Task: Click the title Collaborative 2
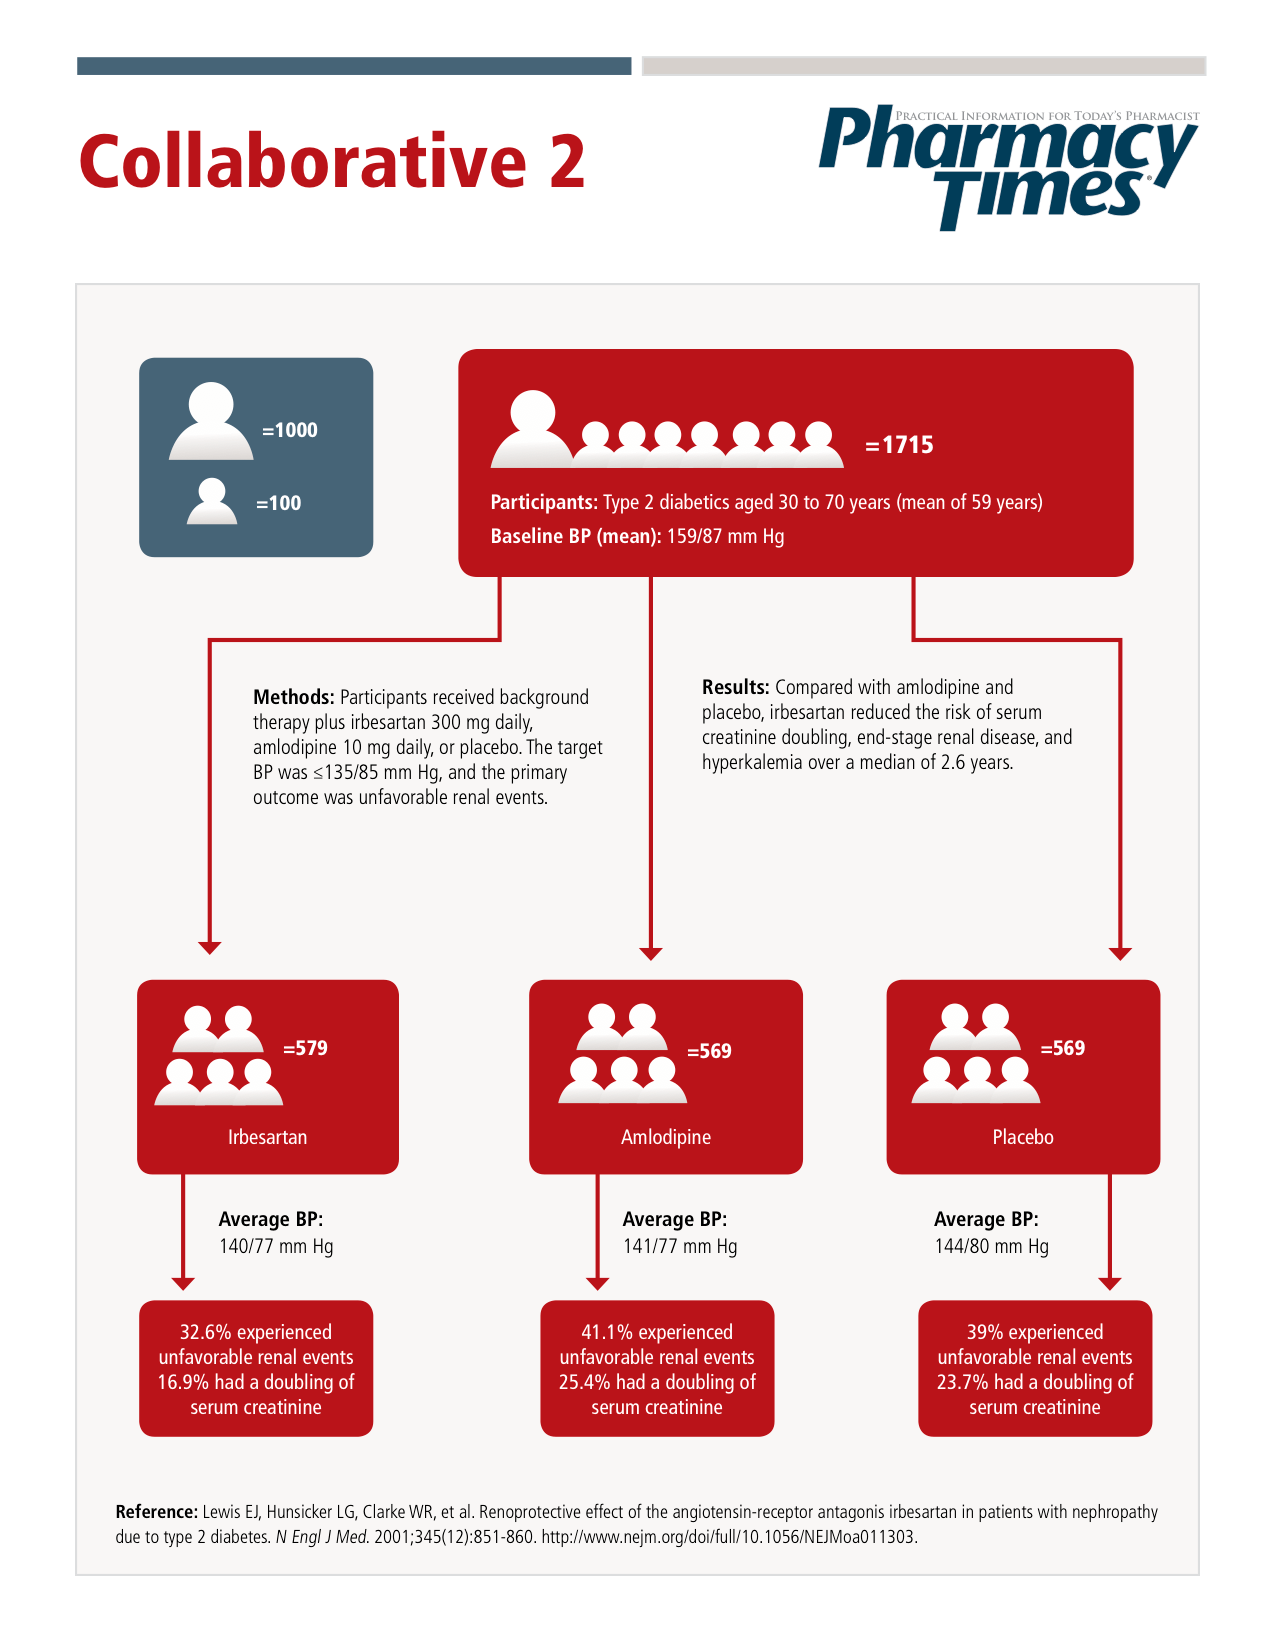click(x=331, y=162)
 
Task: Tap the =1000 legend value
click(x=290, y=430)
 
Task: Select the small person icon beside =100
click(x=212, y=502)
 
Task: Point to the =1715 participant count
click(x=899, y=445)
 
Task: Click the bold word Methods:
click(x=293, y=697)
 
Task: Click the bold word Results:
click(x=735, y=687)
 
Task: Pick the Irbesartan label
click(x=267, y=1137)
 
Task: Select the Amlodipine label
click(x=666, y=1137)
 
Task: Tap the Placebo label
click(x=1023, y=1137)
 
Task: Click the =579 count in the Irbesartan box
click(x=305, y=1048)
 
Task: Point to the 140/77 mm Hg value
click(x=276, y=1246)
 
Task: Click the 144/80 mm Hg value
click(x=991, y=1246)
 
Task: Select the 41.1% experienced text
click(x=657, y=1332)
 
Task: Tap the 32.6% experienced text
click(x=256, y=1332)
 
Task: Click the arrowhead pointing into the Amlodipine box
click(x=651, y=954)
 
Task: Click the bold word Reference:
click(x=156, y=1512)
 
